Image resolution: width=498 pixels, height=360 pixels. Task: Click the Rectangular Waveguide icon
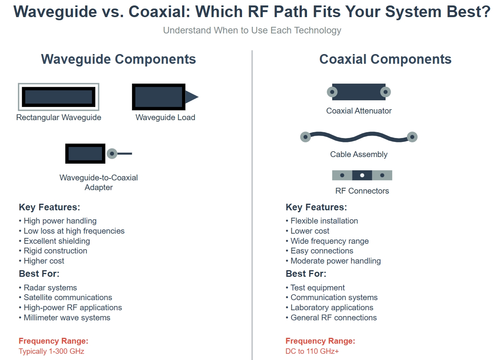[x=58, y=96]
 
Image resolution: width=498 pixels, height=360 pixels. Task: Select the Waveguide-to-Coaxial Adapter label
[x=98, y=182]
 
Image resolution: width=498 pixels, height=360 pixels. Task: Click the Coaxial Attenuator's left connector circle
[x=332, y=92]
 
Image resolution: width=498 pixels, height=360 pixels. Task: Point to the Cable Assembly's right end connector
[x=412, y=137]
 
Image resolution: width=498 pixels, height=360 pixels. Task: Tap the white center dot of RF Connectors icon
[x=362, y=175]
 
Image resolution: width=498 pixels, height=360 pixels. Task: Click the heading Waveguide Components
[x=118, y=59]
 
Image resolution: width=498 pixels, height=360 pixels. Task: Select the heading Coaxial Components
[x=385, y=59]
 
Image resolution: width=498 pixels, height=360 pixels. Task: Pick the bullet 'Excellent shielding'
[x=57, y=241]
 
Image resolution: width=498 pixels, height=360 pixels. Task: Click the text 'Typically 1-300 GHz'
[x=51, y=351]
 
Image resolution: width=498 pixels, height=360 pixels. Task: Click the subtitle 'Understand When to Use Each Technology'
[x=252, y=30]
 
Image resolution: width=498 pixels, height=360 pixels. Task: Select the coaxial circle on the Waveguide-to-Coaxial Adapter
[x=112, y=154]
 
